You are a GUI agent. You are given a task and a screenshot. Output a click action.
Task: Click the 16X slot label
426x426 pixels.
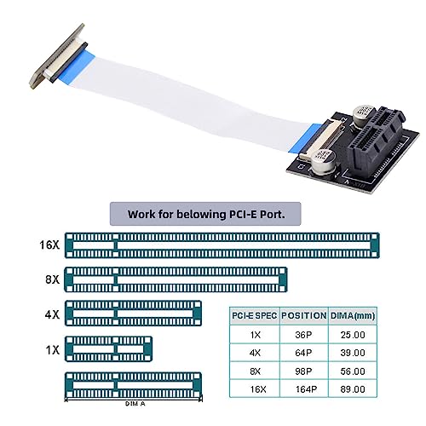point(49,245)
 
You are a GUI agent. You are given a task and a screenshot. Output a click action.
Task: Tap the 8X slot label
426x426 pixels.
point(53,279)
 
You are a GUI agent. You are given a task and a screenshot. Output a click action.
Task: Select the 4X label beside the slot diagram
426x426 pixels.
point(52,314)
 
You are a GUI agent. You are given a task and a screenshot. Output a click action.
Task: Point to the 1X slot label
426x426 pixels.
point(53,350)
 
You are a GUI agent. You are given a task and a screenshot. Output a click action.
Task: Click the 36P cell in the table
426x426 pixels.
point(303,335)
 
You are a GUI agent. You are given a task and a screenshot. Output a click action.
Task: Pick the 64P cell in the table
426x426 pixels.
point(303,353)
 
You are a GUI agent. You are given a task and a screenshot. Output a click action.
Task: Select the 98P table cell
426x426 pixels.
point(303,371)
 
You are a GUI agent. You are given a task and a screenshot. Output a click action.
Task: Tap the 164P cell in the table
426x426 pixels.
point(306,389)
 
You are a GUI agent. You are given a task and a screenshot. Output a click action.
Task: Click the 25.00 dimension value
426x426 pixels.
point(353,335)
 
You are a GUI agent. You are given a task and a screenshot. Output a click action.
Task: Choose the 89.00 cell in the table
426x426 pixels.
point(353,389)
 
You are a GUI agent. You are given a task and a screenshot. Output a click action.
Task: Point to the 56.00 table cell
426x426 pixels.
point(353,371)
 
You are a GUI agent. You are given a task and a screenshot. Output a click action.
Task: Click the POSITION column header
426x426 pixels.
point(304,315)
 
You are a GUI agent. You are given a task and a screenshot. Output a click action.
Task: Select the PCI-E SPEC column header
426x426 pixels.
point(255,315)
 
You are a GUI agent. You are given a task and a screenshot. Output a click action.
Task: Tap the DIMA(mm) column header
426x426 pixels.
point(353,316)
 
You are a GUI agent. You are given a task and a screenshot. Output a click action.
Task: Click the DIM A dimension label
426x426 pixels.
point(135,404)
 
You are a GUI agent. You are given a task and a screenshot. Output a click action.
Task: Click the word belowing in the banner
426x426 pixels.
point(201,215)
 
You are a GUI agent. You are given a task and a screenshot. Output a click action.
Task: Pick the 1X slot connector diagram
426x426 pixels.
point(108,349)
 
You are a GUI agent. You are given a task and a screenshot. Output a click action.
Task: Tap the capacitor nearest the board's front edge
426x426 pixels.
point(324,162)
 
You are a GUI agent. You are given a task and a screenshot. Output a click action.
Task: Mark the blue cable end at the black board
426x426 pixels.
point(306,138)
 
